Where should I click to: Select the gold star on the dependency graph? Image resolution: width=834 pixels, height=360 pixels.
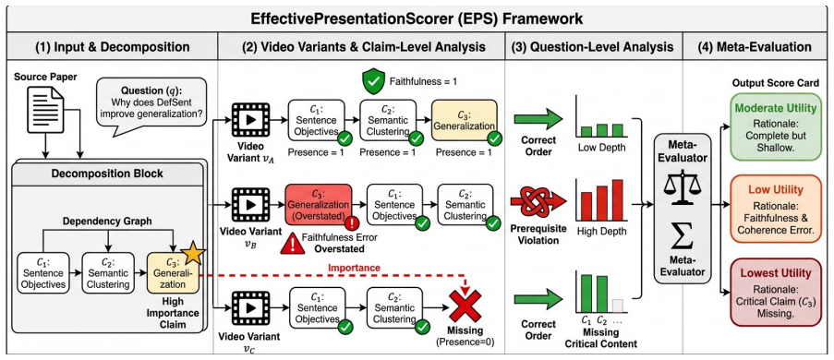(192, 254)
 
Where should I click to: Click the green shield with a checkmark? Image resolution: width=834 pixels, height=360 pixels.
(372, 82)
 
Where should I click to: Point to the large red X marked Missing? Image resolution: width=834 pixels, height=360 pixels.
(465, 306)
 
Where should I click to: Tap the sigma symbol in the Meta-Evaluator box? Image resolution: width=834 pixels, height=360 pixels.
(681, 234)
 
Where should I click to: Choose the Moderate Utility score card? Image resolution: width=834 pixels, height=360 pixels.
(774, 127)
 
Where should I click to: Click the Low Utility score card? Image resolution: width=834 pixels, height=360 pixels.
(774, 210)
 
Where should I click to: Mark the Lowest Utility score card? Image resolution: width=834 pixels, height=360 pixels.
(774, 292)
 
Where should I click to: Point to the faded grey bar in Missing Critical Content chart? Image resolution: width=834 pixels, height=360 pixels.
(617, 306)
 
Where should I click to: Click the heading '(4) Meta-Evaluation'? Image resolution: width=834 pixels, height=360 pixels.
(755, 47)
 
